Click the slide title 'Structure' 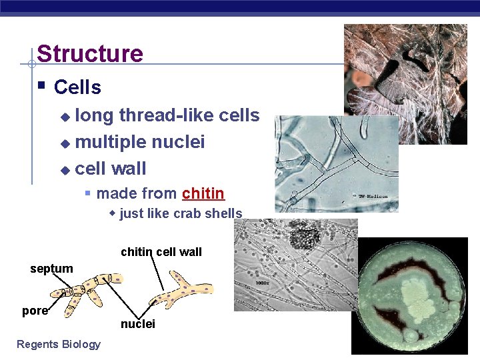point(90,53)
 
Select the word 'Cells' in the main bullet point(77,87)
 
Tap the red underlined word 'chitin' point(203,194)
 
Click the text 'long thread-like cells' point(167,115)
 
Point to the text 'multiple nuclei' point(140,142)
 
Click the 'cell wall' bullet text point(111,169)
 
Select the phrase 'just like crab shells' point(181,213)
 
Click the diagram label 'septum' point(51,269)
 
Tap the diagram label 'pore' point(35,311)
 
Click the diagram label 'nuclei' point(137,324)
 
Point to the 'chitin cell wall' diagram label point(161,252)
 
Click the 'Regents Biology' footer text point(59,344)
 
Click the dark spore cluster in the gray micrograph point(307,237)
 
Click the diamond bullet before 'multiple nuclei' point(65,143)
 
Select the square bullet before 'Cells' point(41,86)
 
